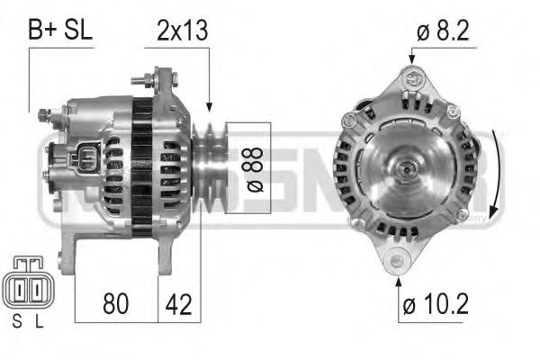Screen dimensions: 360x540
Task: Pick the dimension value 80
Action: pos(114,304)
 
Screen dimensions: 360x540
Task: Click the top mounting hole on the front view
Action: pos(414,80)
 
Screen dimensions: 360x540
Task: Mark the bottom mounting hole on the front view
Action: pos(396,262)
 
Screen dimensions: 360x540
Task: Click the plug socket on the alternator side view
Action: pos(84,160)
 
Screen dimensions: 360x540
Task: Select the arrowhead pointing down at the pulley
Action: pos(209,105)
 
